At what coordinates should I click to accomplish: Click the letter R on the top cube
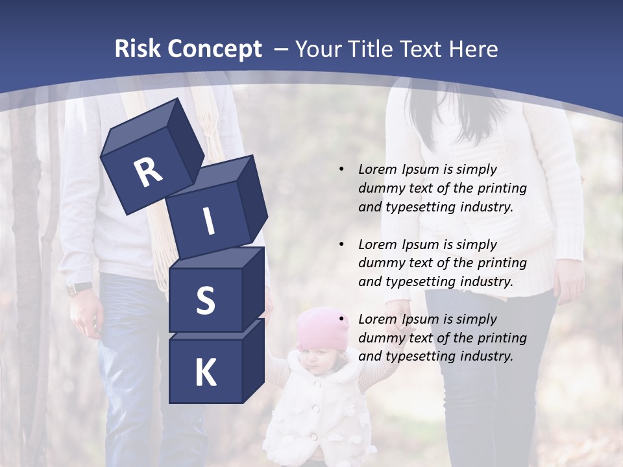click(148, 172)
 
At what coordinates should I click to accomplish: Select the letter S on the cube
click(205, 300)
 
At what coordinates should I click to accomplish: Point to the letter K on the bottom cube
click(205, 373)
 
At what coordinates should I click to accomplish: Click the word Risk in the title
click(138, 49)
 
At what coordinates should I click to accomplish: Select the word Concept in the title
click(214, 49)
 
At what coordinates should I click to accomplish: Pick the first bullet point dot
click(341, 170)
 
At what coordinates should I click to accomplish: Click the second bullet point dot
click(341, 245)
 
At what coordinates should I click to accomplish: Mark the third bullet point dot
click(341, 319)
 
